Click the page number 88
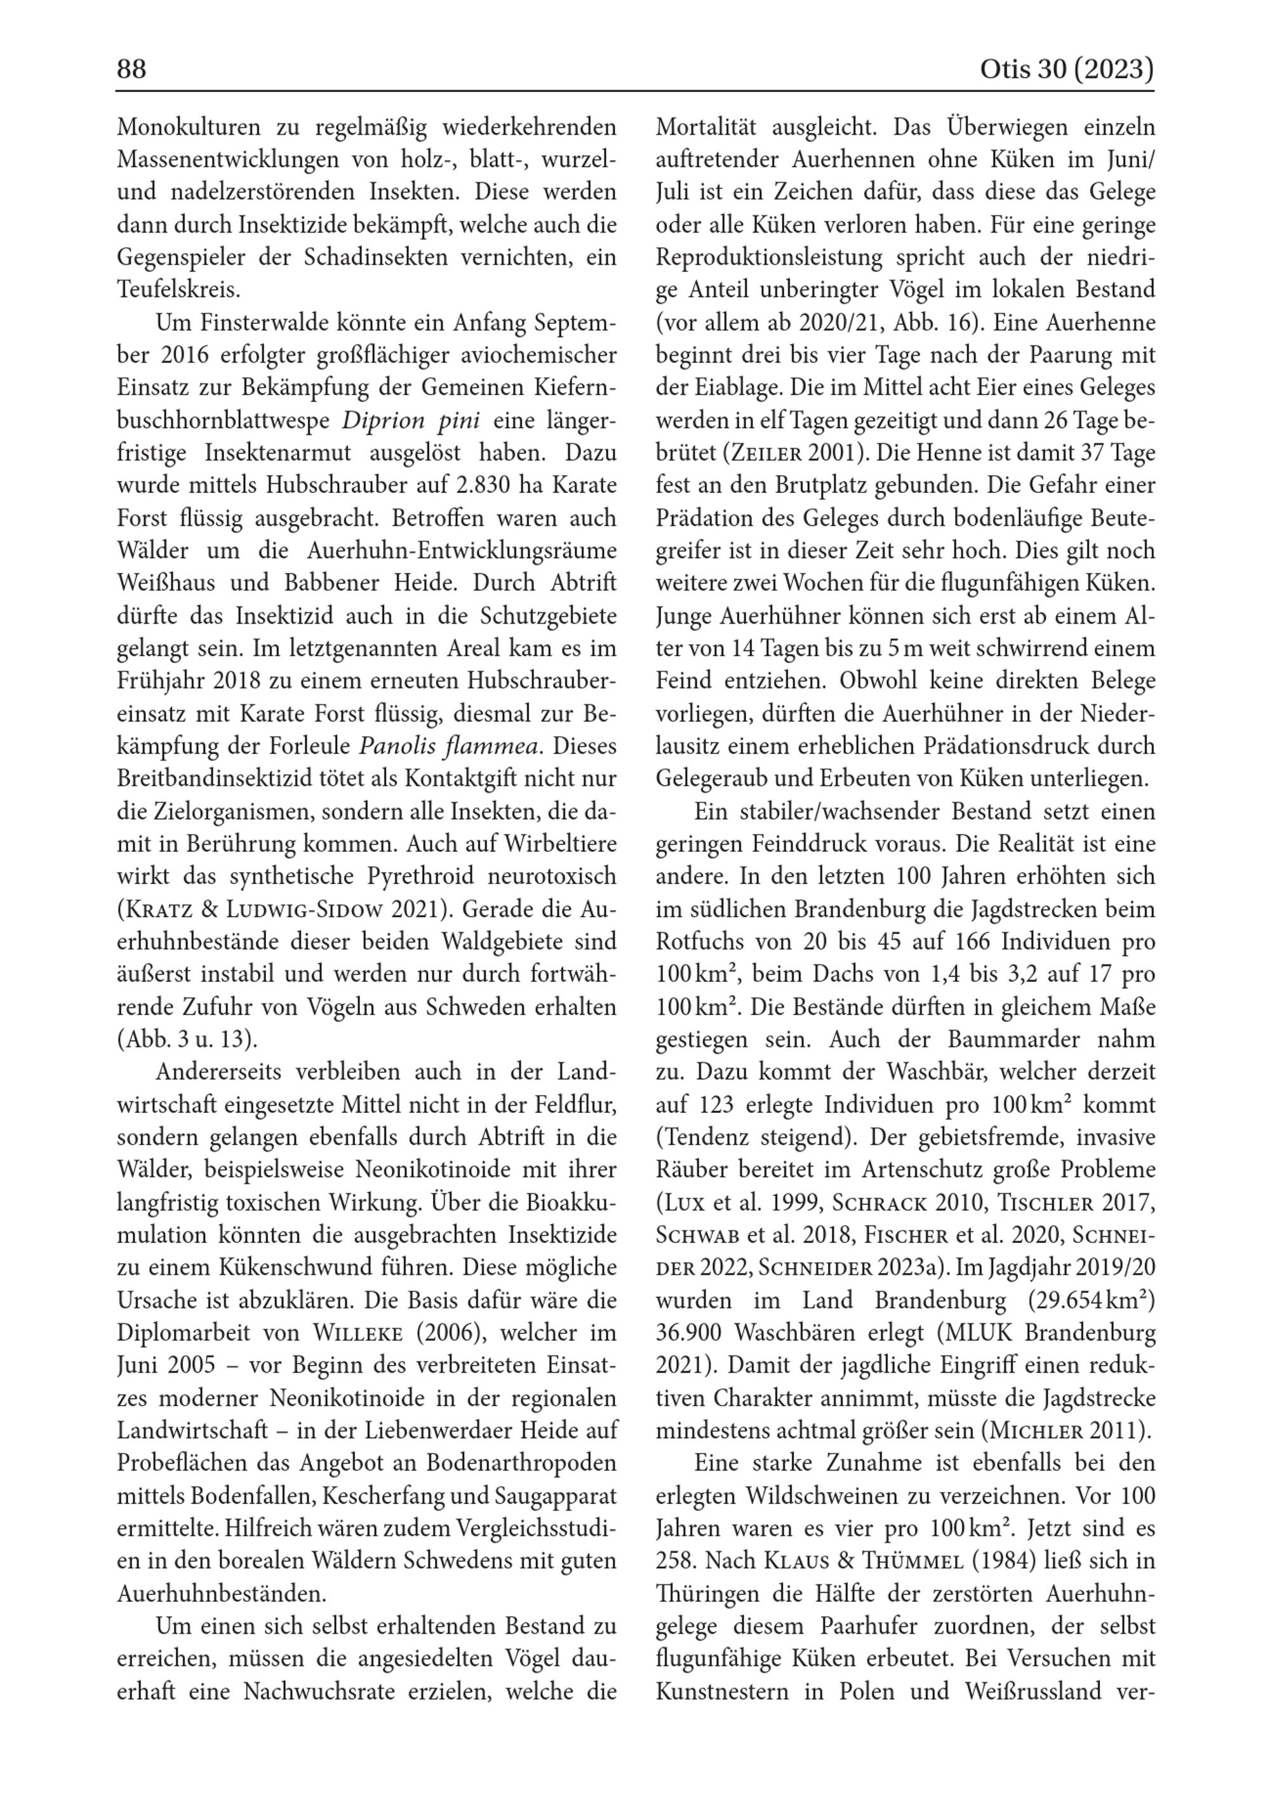(131, 70)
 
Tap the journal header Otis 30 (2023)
(1066, 70)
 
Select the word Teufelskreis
(178, 290)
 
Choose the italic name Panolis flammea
(450, 746)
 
